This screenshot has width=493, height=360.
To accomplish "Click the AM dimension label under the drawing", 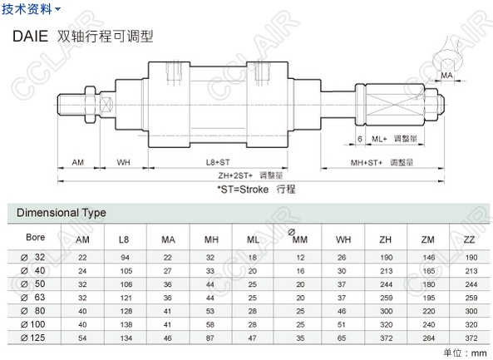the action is [77, 162].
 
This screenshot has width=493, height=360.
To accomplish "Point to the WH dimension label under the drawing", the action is [123, 162].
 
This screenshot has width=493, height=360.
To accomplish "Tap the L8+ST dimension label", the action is [218, 162].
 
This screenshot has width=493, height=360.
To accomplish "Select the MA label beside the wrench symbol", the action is [446, 76].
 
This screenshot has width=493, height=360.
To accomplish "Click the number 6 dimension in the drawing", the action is [360, 139].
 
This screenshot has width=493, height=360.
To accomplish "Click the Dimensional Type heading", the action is [62, 213].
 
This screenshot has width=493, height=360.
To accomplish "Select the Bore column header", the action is [35, 237].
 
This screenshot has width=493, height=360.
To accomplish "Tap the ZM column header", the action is [427, 239].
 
